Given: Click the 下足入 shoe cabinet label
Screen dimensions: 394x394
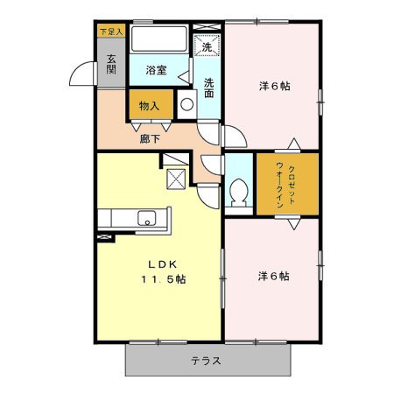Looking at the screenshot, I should tap(111, 31).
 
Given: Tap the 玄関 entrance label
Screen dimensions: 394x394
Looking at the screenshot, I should tap(112, 66).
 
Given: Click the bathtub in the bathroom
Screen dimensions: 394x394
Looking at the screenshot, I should tap(158, 41).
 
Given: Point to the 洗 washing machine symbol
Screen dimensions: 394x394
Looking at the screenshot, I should tap(207, 46).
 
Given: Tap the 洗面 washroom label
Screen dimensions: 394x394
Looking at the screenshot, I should tap(209, 88).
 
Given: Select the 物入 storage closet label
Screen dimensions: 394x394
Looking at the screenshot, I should tap(149, 106).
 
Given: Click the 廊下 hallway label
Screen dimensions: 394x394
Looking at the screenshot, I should tap(150, 138).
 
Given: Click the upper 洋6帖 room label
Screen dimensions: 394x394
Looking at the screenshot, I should tap(273, 86).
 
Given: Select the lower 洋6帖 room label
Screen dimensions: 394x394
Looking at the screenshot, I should tap(273, 276).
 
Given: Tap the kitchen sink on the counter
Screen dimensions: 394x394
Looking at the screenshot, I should tap(144, 219).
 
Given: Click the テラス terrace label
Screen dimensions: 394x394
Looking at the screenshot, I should tap(206, 360).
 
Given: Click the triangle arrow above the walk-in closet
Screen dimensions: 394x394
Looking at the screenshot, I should tap(294, 143).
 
